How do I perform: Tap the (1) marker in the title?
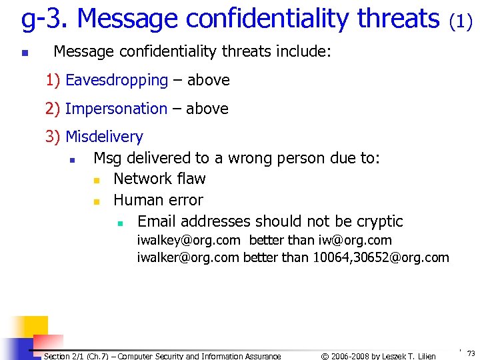coord(461,22)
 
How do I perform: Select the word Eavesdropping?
coord(117,81)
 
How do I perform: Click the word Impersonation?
coord(116,109)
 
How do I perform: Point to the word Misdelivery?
coord(104,137)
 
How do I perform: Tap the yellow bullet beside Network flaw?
coord(96,180)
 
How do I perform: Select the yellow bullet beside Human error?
coord(96,201)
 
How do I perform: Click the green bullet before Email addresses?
coord(121,223)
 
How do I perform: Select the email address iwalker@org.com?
coord(188,257)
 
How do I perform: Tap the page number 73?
coord(471,354)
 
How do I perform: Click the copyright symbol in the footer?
coord(325,356)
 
